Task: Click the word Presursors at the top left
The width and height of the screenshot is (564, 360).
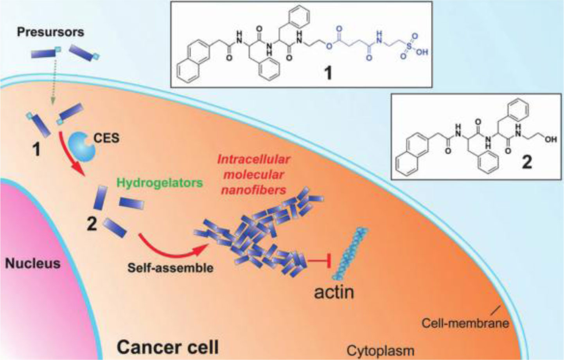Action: click(50, 32)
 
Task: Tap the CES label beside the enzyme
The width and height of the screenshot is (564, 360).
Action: click(106, 138)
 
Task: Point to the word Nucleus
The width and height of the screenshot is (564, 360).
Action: click(33, 263)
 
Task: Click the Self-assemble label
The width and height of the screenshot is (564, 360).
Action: click(171, 268)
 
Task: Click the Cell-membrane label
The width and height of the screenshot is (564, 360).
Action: click(465, 323)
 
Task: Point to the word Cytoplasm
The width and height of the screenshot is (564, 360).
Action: click(381, 351)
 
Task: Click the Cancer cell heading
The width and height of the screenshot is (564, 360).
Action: click(168, 347)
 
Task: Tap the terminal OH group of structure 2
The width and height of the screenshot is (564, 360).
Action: click(551, 139)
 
